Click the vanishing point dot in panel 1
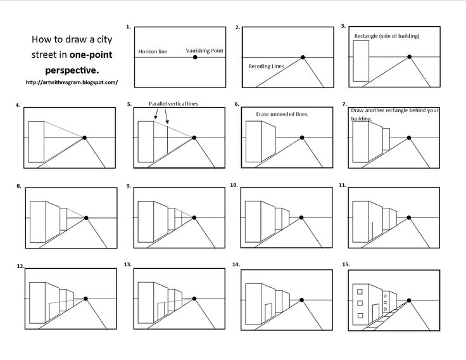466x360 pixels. (x=195, y=58)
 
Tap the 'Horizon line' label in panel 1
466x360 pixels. (x=153, y=51)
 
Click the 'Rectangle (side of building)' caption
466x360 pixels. (x=387, y=36)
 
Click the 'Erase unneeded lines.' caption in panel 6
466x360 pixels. (x=282, y=114)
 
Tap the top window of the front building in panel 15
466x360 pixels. (x=360, y=292)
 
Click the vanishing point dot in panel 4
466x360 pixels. (x=84, y=137)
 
